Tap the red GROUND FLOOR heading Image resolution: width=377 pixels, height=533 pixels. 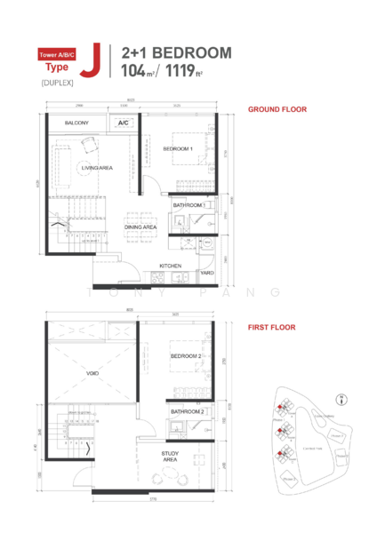click(x=277, y=109)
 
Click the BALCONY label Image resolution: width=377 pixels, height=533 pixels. click(x=66, y=123)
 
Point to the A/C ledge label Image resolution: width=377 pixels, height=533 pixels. click(x=123, y=123)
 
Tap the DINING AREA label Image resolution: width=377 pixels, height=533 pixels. click(x=140, y=227)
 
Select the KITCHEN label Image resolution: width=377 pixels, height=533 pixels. click(x=170, y=266)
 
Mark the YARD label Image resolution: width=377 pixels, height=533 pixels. click(x=205, y=273)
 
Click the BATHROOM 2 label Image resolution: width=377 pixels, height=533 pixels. click(x=188, y=412)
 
